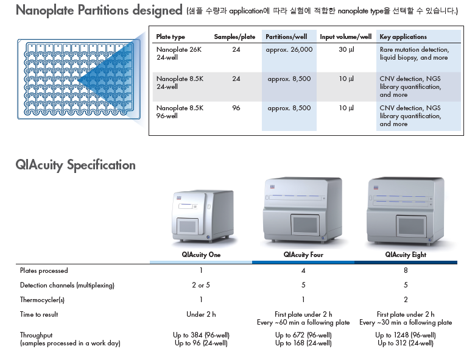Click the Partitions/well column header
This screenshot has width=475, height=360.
point(286,37)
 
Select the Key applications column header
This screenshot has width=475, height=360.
point(403,37)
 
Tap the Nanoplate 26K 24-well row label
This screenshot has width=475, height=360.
point(178,54)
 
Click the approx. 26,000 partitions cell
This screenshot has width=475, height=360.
point(289,49)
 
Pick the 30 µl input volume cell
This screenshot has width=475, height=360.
point(347,49)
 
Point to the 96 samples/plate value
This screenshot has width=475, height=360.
point(236,108)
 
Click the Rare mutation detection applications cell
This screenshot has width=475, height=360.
point(415,54)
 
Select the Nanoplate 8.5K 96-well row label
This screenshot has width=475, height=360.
point(180,112)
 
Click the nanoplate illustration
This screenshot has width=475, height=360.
point(79,79)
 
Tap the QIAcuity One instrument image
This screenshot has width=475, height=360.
point(202,216)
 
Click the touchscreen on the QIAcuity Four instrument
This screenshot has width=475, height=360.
point(304,225)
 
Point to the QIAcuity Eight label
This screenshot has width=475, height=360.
point(406,255)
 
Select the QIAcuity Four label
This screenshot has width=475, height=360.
point(303,255)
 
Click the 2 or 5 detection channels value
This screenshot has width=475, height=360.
point(201,285)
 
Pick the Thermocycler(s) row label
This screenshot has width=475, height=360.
point(42,300)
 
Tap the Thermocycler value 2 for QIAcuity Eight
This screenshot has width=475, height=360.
point(406,300)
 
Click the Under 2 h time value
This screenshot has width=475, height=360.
point(201,314)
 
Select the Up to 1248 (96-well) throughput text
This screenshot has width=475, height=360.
point(406,335)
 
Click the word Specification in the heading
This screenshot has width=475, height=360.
point(101,166)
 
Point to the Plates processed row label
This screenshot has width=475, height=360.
point(44,270)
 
